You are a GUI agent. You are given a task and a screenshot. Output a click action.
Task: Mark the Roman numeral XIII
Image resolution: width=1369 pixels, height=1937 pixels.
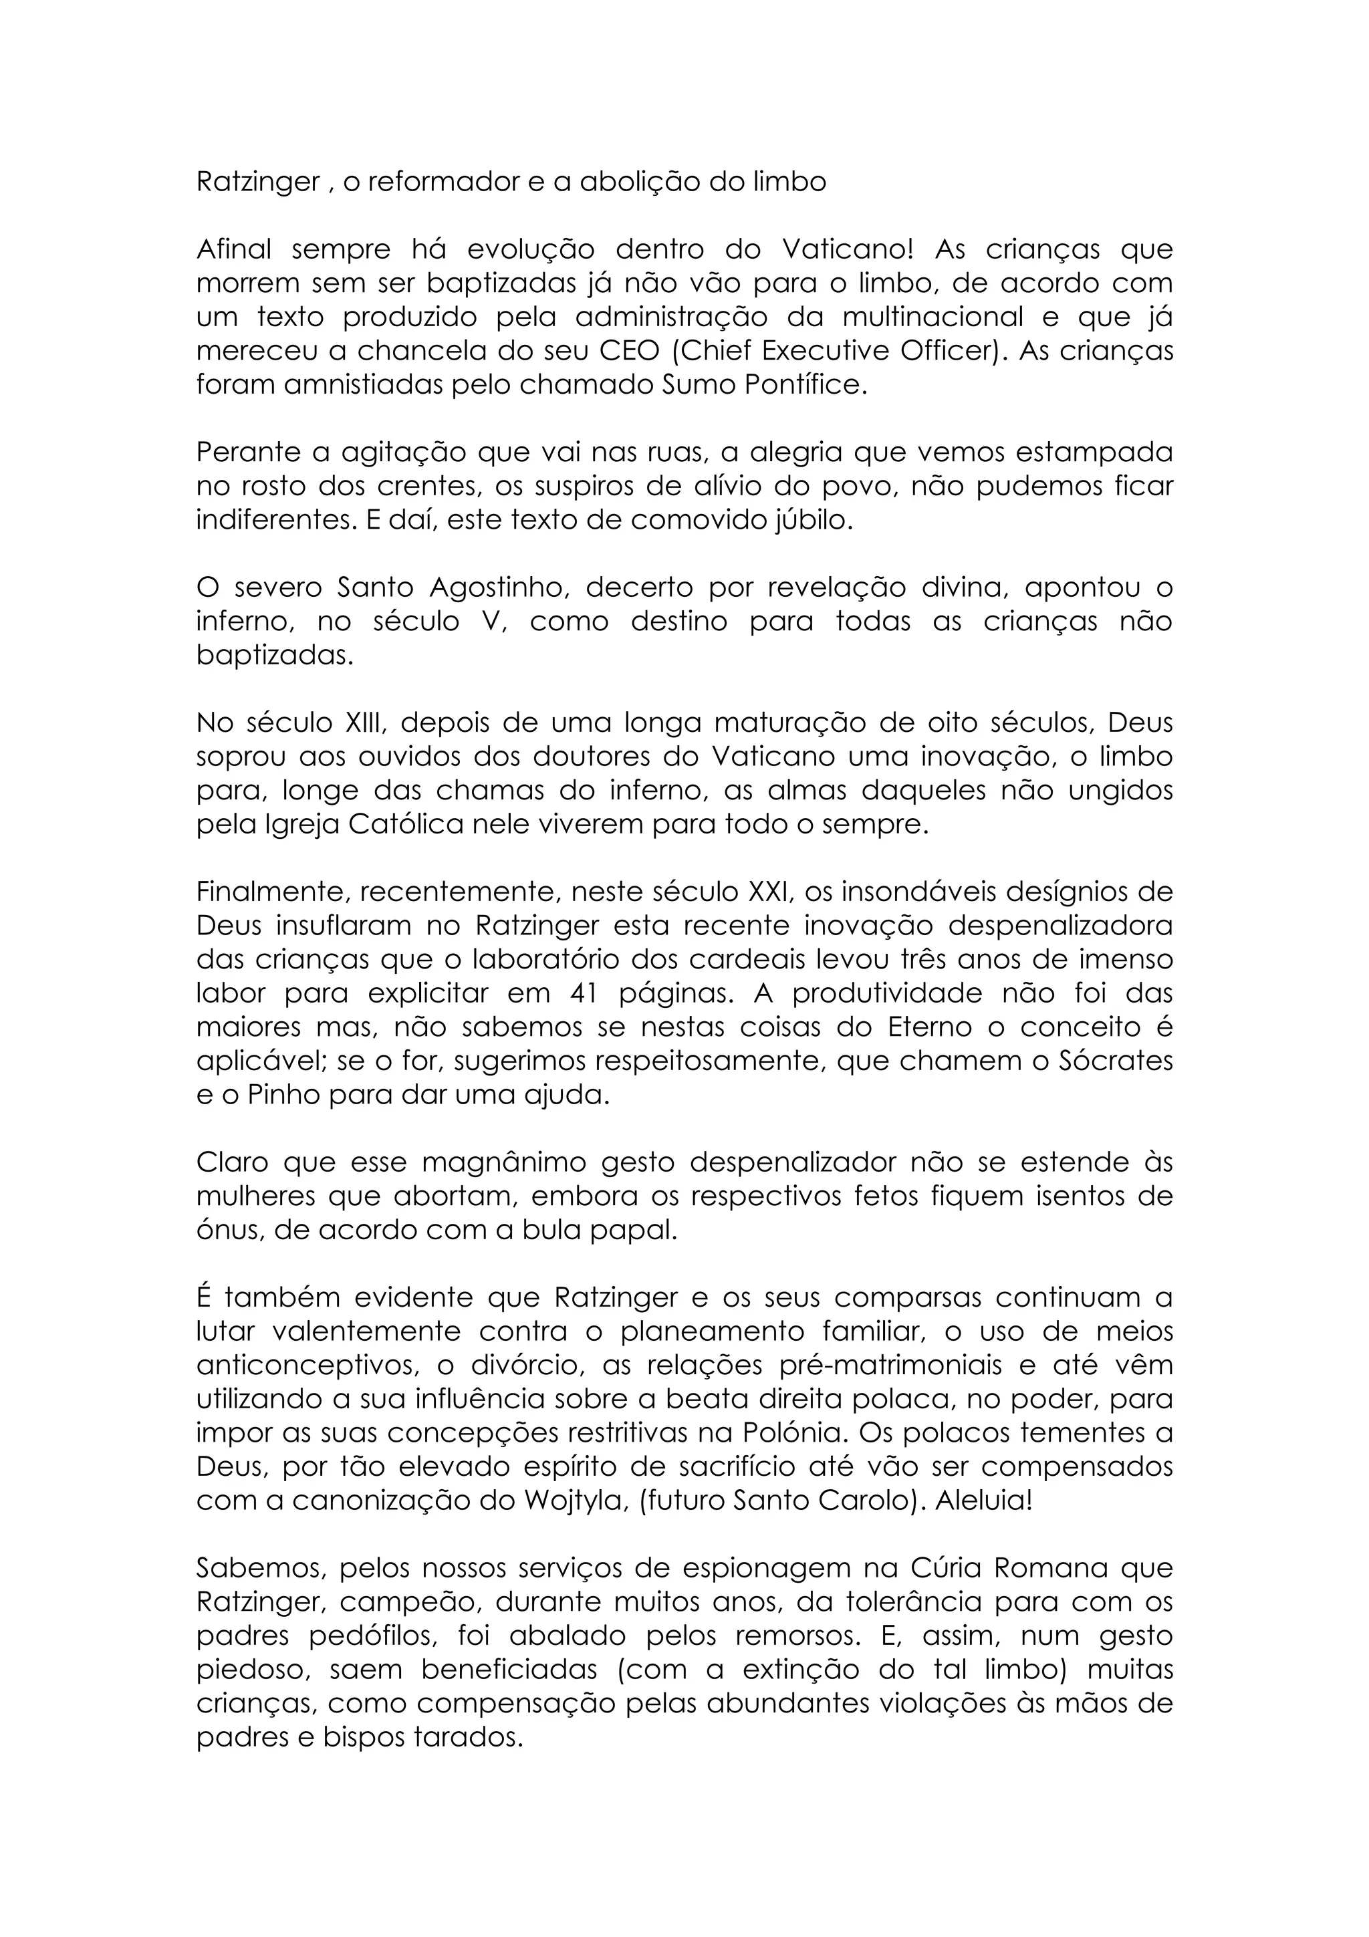coord(362,723)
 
